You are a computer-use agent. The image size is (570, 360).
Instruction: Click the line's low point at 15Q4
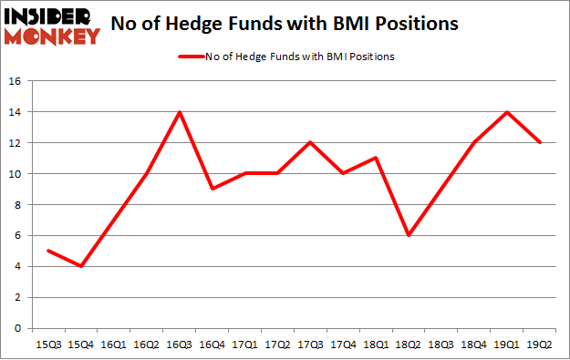(x=80, y=266)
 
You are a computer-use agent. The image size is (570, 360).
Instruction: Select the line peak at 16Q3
(x=179, y=112)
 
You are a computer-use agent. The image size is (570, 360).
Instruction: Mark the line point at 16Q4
(x=212, y=189)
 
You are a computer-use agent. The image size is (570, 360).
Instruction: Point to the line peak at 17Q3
(x=310, y=143)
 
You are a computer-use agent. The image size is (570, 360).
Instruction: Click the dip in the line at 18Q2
(x=409, y=235)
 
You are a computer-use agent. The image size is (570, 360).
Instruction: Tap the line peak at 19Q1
(x=507, y=112)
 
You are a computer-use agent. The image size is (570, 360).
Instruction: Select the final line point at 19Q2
(x=540, y=143)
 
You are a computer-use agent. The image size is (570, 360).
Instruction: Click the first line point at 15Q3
(x=47, y=251)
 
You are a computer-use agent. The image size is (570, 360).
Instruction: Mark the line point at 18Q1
(x=376, y=159)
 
